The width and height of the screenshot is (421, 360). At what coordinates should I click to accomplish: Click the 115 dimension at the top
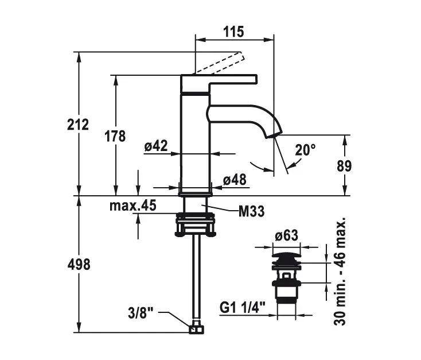(233, 32)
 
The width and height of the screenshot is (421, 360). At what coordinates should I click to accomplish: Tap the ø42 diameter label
(155, 146)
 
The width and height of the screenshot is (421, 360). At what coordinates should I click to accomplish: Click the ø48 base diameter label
(234, 180)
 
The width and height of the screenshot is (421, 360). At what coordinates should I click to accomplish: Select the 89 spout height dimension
(344, 166)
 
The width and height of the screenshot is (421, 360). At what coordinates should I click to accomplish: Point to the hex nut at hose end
(196, 329)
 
